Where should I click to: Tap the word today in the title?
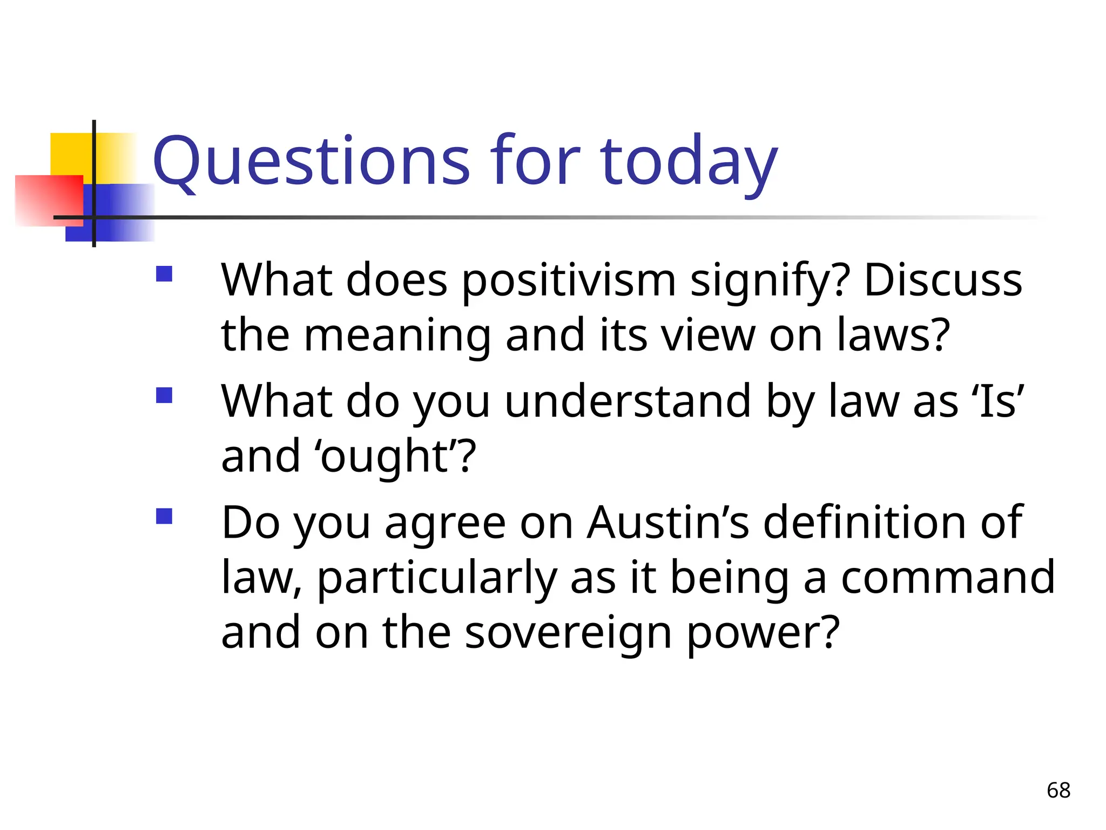689,161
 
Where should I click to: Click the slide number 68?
1058,791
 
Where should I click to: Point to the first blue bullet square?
164,274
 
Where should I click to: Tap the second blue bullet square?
164,396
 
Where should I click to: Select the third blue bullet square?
164,517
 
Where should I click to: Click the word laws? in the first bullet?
893,335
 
